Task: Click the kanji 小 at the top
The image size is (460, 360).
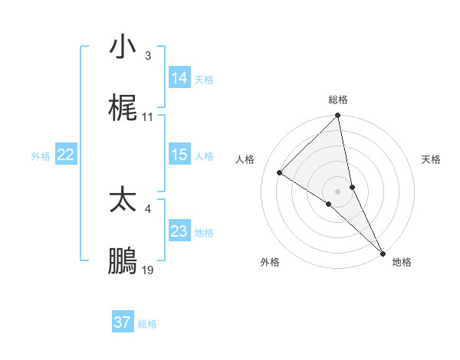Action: pyautogui.click(x=123, y=47)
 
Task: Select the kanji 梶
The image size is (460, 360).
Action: pyautogui.click(x=123, y=110)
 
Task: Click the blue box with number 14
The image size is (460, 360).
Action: pyautogui.click(x=179, y=78)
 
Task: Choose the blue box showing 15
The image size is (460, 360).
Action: pyautogui.click(x=179, y=155)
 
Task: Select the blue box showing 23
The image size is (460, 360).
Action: pyautogui.click(x=179, y=231)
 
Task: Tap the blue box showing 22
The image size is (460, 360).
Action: pyautogui.click(x=66, y=155)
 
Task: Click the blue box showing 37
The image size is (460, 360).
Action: pyautogui.click(x=123, y=322)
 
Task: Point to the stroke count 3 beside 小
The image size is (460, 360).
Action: pyautogui.click(x=148, y=55)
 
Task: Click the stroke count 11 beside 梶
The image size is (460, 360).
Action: pyautogui.click(x=148, y=117)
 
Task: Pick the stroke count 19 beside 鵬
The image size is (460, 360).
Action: pyautogui.click(x=148, y=271)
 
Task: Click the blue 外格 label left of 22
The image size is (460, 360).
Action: pyautogui.click(x=41, y=156)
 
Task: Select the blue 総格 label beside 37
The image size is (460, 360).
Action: pyautogui.click(x=147, y=324)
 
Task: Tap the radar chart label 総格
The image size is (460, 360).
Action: pyautogui.click(x=338, y=100)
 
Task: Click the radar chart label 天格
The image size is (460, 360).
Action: pyautogui.click(x=432, y=159)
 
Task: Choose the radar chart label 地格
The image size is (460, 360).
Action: pyautogui.click(x=402, y=263)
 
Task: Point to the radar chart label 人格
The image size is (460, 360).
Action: pyautogui.click(x=245, y=159)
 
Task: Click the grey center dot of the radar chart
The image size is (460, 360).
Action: pyautogui.click(x=338, y=191)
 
